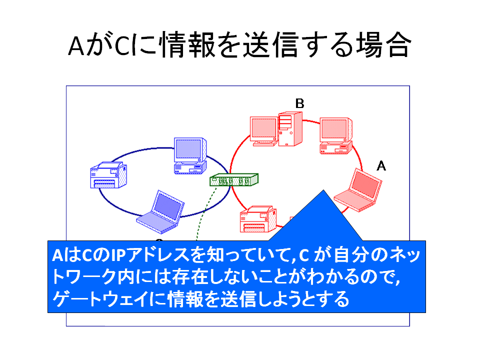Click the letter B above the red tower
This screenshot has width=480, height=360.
299,103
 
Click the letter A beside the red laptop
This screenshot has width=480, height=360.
381,166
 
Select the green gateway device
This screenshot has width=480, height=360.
234,179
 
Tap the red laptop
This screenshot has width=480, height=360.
358,190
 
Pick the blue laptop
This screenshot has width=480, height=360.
160,212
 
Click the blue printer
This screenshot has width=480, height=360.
108,175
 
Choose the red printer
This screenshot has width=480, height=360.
258,219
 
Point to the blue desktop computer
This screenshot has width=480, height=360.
190,156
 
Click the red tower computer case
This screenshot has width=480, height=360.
290,129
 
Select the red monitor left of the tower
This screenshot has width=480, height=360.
264,131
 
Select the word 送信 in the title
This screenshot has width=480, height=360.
271,45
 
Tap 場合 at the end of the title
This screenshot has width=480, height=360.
382,45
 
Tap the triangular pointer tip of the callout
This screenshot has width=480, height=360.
323,190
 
